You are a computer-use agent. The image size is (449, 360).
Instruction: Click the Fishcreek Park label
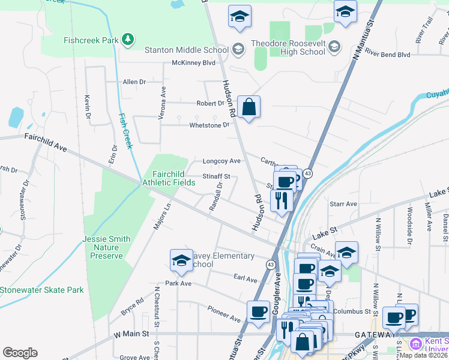click(89, 41)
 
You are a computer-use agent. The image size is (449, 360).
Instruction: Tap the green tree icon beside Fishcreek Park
click(127, 40)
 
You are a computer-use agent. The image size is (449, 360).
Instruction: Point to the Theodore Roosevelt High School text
click(288, 47)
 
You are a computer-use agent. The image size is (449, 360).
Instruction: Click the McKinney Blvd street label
click(193, 62)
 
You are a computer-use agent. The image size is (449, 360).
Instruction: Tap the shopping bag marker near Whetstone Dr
click(249, 108)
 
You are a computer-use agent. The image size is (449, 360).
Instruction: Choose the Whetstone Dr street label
click(209, 125)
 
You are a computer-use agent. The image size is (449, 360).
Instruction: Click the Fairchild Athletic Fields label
click(169, 178)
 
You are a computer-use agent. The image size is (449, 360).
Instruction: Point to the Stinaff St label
click(216, 177)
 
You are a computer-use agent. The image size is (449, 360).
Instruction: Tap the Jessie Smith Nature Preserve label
click(107, 247)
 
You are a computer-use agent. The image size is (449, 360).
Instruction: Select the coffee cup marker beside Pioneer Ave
click(259, 312)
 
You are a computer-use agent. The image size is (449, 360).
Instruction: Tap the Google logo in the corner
click(20, 352)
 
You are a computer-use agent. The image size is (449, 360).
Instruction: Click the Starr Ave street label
click(343, 204)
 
